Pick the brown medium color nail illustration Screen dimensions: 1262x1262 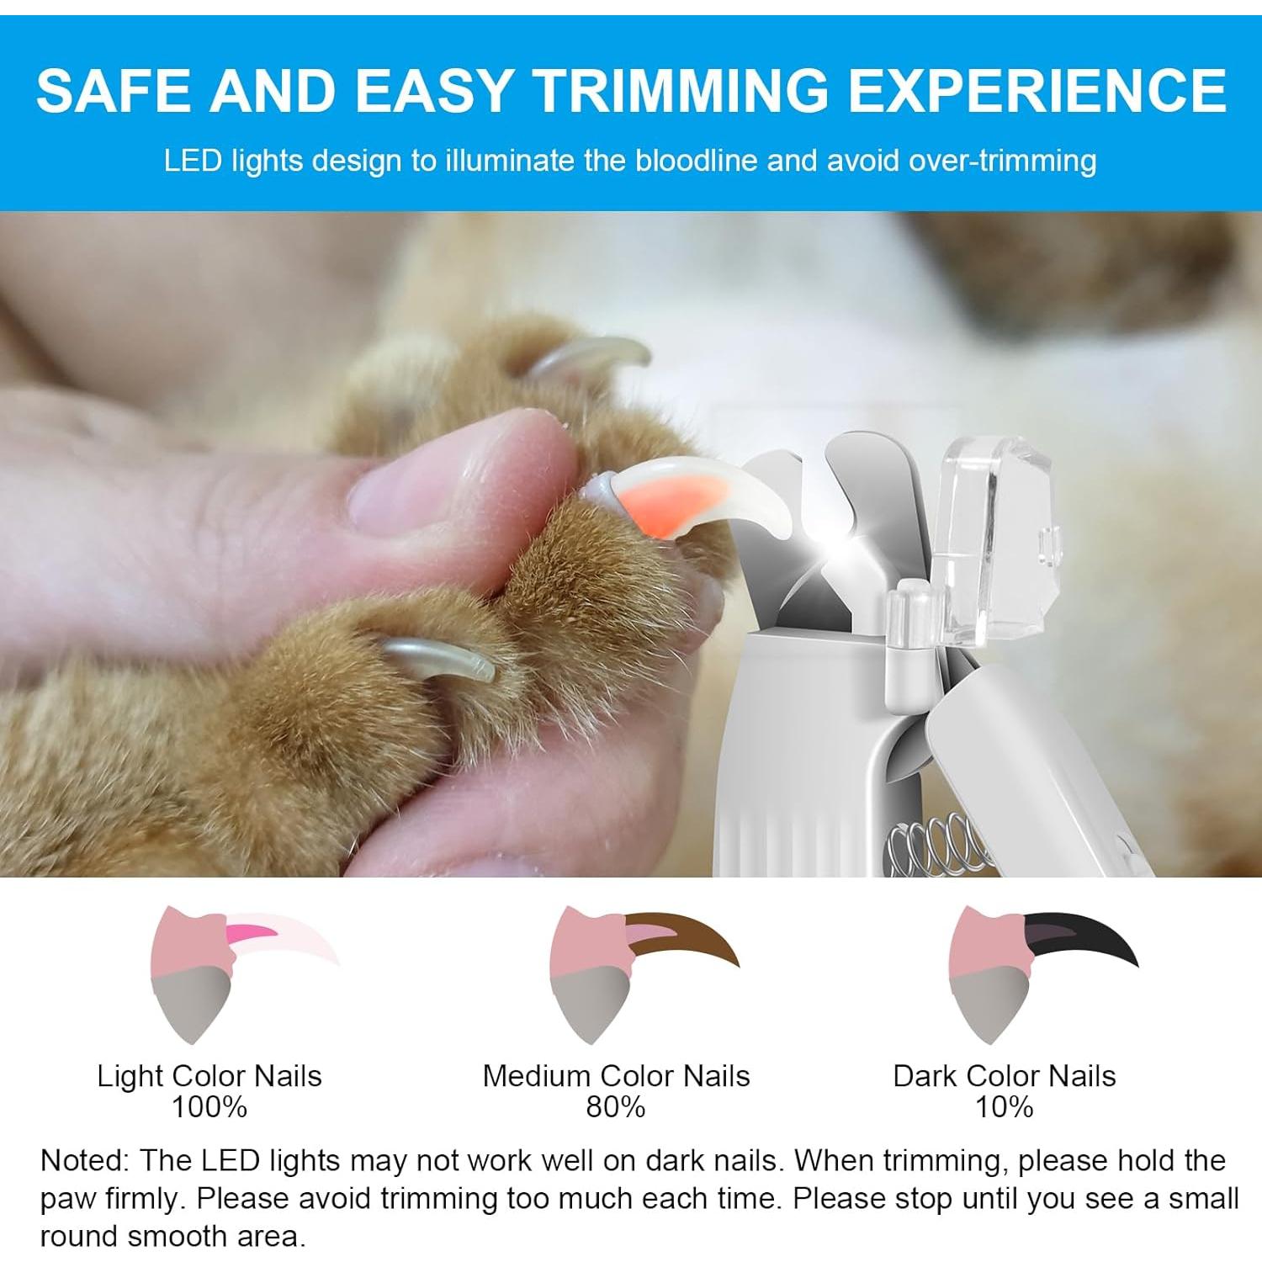644,972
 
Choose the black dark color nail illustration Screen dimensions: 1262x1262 1043,972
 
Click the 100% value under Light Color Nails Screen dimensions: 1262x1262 209,1107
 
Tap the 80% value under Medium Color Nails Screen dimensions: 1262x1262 615,1107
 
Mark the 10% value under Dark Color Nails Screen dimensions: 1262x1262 1004,1107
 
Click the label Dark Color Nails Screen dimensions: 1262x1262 1004,1076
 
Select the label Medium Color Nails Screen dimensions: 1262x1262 615,1076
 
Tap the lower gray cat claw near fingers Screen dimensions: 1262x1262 437,659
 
